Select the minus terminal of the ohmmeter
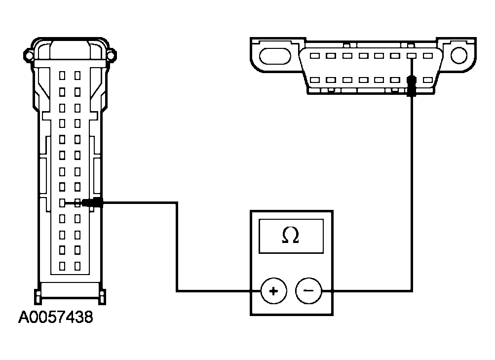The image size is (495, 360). (x=308, y=290)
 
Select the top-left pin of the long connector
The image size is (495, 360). (x=62, y=76)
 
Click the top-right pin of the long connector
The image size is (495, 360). (x=77, y=76)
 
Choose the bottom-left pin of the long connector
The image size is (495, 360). (x=62, y=266)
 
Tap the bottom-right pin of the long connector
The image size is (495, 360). (x=77, y=266)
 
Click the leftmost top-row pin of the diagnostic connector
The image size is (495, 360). (x=316, y=56)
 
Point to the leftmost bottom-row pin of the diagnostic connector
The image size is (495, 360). (x=316, y=80)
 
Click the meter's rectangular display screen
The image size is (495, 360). (x=291, y=237)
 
